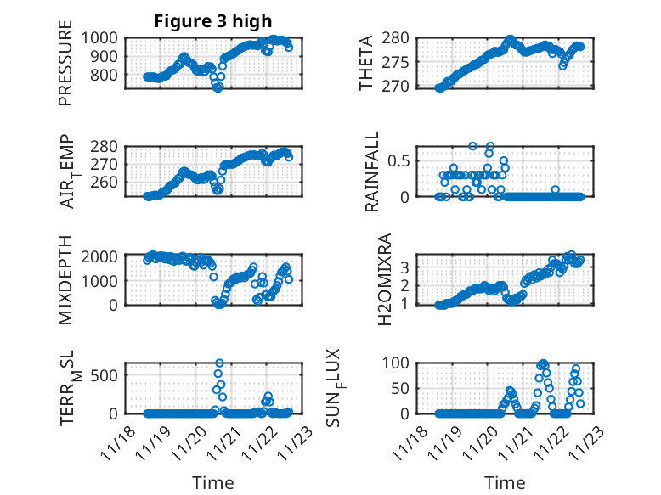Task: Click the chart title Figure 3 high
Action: click(x=213, y=21)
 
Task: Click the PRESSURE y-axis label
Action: click(x=65, y=69)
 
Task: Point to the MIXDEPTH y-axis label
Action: click(x=65, y=281)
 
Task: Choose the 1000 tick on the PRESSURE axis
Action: click(x=105, y=38)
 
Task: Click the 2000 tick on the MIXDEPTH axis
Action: click(x=105, y=256)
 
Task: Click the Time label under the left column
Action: click(x=212, y=482)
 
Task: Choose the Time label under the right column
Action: click(x=505, y=482)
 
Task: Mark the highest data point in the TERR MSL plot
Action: click(x=219, y=363)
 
